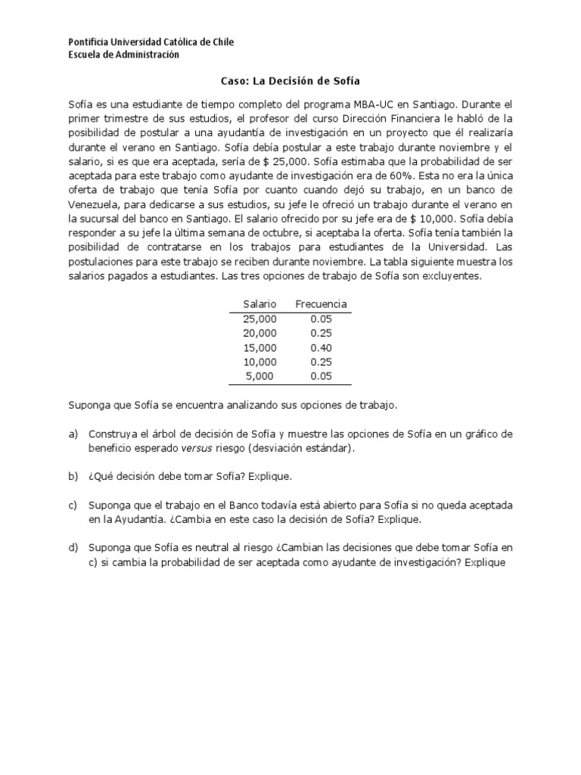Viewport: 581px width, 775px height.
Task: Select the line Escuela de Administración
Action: pyautogui.click(x=124, y=54)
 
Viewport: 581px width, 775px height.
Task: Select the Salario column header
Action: pyautogui.click(x=259, y=303)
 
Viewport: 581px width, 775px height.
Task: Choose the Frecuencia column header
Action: pyautogui.click(x=321, y=303)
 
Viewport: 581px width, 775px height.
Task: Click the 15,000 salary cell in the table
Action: pyautogui.click(x=259, y=347)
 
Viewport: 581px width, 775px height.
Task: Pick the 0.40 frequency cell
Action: pyautogui.click(x=321, y=347)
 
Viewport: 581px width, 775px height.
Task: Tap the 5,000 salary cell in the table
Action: pyautogui.click(x=259, y=375)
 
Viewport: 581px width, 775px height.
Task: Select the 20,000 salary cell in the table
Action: pyautogui.click(x=259, y=333)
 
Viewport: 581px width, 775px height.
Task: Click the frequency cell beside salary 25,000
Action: pyautogui.click(x=321, y=319)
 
